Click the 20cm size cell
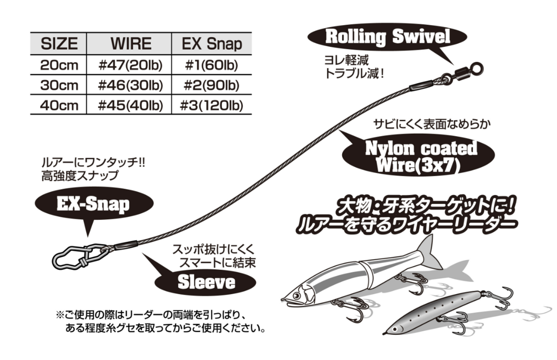59,65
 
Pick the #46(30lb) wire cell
131,86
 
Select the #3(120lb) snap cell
212,106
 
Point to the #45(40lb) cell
131,106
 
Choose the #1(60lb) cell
212,65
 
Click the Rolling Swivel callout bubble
388,37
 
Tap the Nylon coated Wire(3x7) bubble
420,156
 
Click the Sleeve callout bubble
207,281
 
